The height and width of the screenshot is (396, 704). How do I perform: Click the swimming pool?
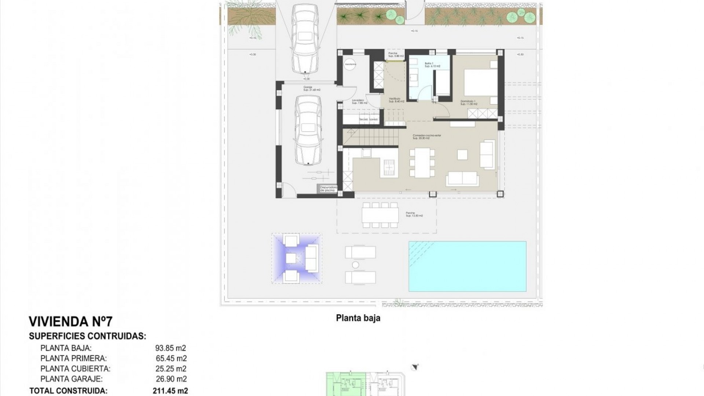click(x=467, y=266)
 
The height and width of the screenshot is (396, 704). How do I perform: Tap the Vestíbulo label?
click(x=396, y=100)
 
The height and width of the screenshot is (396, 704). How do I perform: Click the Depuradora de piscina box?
click(x=328, y=189)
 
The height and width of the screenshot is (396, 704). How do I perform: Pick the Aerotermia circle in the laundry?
click(x=350, y=64)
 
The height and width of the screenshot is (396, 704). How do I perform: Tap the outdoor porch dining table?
click(x=379, y=215)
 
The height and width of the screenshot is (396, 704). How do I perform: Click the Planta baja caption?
click(x=358, y=318)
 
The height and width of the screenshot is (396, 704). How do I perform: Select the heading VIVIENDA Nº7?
click(x=70, y=322)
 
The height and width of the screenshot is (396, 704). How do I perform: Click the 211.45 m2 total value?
click(x=170, y=391)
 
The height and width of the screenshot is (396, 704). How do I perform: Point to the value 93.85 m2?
click(x=171, y=348)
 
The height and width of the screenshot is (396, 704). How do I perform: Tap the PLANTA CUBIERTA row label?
click(x=75, y=368)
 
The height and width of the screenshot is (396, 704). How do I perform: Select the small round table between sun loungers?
click(x=355, y=265)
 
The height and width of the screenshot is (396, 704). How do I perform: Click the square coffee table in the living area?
click(x=462, y=154)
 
